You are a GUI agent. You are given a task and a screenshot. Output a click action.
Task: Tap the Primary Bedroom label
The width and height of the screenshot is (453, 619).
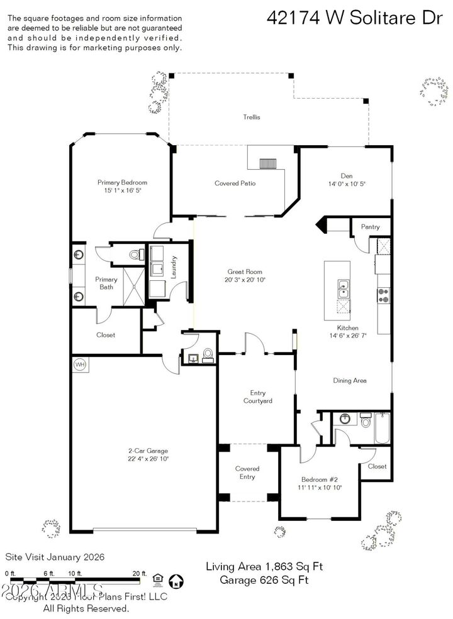tap(122, 182)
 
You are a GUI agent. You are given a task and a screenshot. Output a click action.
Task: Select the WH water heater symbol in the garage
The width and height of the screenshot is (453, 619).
tap(80, 364)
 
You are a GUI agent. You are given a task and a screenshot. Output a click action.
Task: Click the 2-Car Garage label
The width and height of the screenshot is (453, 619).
tap(148, 451)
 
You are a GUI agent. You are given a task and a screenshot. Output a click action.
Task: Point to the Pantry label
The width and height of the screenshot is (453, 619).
tap(370, 226)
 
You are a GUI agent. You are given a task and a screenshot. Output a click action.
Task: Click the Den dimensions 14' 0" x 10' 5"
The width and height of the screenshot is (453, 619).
tap(346, 184)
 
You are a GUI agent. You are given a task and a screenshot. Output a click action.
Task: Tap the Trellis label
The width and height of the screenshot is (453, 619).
tap(252, 117)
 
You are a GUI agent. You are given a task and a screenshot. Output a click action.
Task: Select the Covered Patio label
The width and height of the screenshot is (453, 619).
tap(235, 184)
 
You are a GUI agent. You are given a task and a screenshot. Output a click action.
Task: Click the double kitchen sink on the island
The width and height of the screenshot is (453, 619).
tap(344, 288)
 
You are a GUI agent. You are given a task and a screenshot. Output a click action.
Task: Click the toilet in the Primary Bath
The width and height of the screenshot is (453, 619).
tap(133, 254)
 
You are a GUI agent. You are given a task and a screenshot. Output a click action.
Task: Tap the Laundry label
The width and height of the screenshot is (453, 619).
tap(174, 266)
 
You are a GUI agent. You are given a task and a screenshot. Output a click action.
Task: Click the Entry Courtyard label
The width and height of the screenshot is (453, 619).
tap(257, 397)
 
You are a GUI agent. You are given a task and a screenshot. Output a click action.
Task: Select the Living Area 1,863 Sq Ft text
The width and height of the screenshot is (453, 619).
tap(264, 566)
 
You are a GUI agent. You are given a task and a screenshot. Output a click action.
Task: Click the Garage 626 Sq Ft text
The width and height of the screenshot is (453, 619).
tap(264, 580)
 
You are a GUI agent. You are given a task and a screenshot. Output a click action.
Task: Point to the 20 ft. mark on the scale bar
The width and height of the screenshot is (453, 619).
tap(140, 573)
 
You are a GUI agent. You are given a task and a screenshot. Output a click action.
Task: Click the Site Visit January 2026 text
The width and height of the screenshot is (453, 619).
tap(55, 557)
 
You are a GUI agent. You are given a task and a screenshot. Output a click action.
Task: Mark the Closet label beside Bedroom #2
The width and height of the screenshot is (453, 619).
tap(377, 466)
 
